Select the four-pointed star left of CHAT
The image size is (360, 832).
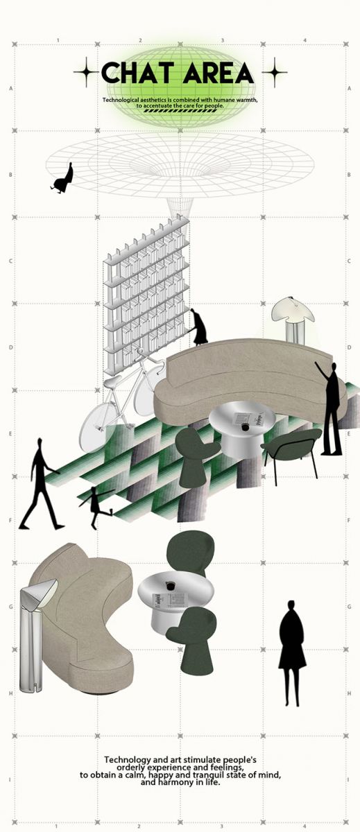pyautogui.click(x=86, y=72)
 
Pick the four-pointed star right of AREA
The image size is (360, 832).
pyautogui.click(x=275, y=72)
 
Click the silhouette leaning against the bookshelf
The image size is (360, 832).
pyautogui.click(x=200, y=326)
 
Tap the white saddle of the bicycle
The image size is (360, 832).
pyautogui.click(x=112, y=381)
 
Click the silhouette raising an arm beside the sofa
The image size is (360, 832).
pyautogui.click(x=329, y=408)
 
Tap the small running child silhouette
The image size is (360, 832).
pyautogui.click(x=96, y=507)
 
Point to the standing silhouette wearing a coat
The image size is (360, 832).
pyautogui.click(x=293, y=653)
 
